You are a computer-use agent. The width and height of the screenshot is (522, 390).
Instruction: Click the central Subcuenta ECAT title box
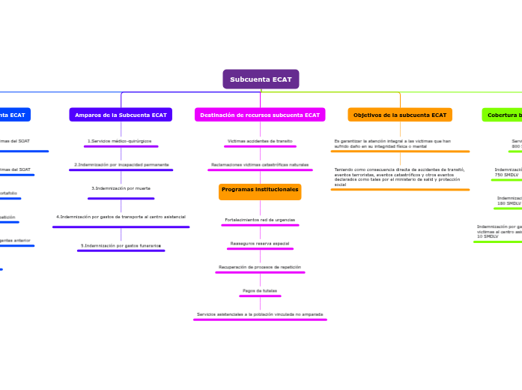coord(261,79)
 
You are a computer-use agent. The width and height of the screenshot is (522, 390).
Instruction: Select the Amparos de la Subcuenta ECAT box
coord(121,115)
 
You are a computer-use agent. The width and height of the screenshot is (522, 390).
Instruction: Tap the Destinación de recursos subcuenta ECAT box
coord(260,115)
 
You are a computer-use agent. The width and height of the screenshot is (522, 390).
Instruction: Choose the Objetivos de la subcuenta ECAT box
coord(400,115)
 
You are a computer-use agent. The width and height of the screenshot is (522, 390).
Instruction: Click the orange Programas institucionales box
coord(260,190)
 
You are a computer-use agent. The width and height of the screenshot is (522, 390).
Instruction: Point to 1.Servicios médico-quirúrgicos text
coord(120,141)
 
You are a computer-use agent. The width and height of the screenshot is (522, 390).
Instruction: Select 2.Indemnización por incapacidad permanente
coord(121,164)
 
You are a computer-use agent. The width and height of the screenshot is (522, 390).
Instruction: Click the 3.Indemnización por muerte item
coord(121,188)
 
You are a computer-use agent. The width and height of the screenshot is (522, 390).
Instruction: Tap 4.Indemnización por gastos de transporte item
coord(121,217)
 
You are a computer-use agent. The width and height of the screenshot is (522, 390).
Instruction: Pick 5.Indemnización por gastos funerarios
coord(121,245)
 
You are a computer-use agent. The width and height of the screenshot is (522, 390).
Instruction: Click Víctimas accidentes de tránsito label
coord(260,141)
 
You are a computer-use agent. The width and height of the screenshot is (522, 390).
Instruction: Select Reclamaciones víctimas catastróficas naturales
coord(260,164)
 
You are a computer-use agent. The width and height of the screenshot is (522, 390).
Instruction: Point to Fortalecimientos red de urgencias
coord(260,220)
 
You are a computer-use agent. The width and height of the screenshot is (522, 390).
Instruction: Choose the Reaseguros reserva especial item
coord(260,244)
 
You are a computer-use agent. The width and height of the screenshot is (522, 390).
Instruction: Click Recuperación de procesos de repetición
coord(260,267)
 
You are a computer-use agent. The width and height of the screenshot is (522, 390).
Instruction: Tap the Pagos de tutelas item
coord(260,290)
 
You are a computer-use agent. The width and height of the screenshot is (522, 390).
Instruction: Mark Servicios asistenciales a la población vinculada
coord(260,314)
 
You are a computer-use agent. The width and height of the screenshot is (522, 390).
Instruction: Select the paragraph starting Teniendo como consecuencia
coord(399,176)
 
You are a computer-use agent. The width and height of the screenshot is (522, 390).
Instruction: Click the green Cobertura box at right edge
coord(503,115)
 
